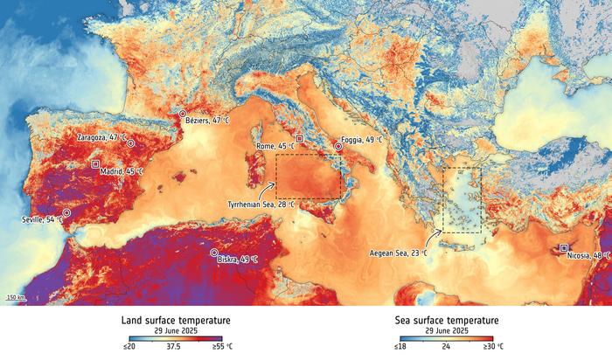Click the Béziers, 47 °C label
pos(205,121)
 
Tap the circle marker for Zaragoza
pos(130,142)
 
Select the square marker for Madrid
pos(95,163)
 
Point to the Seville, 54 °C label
pos(42,219)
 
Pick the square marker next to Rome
pos(300,138)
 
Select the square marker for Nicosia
pos(564,247)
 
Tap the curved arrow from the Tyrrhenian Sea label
pos(269,189)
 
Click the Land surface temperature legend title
pos(172,321)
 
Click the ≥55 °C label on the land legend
pos(222,347)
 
